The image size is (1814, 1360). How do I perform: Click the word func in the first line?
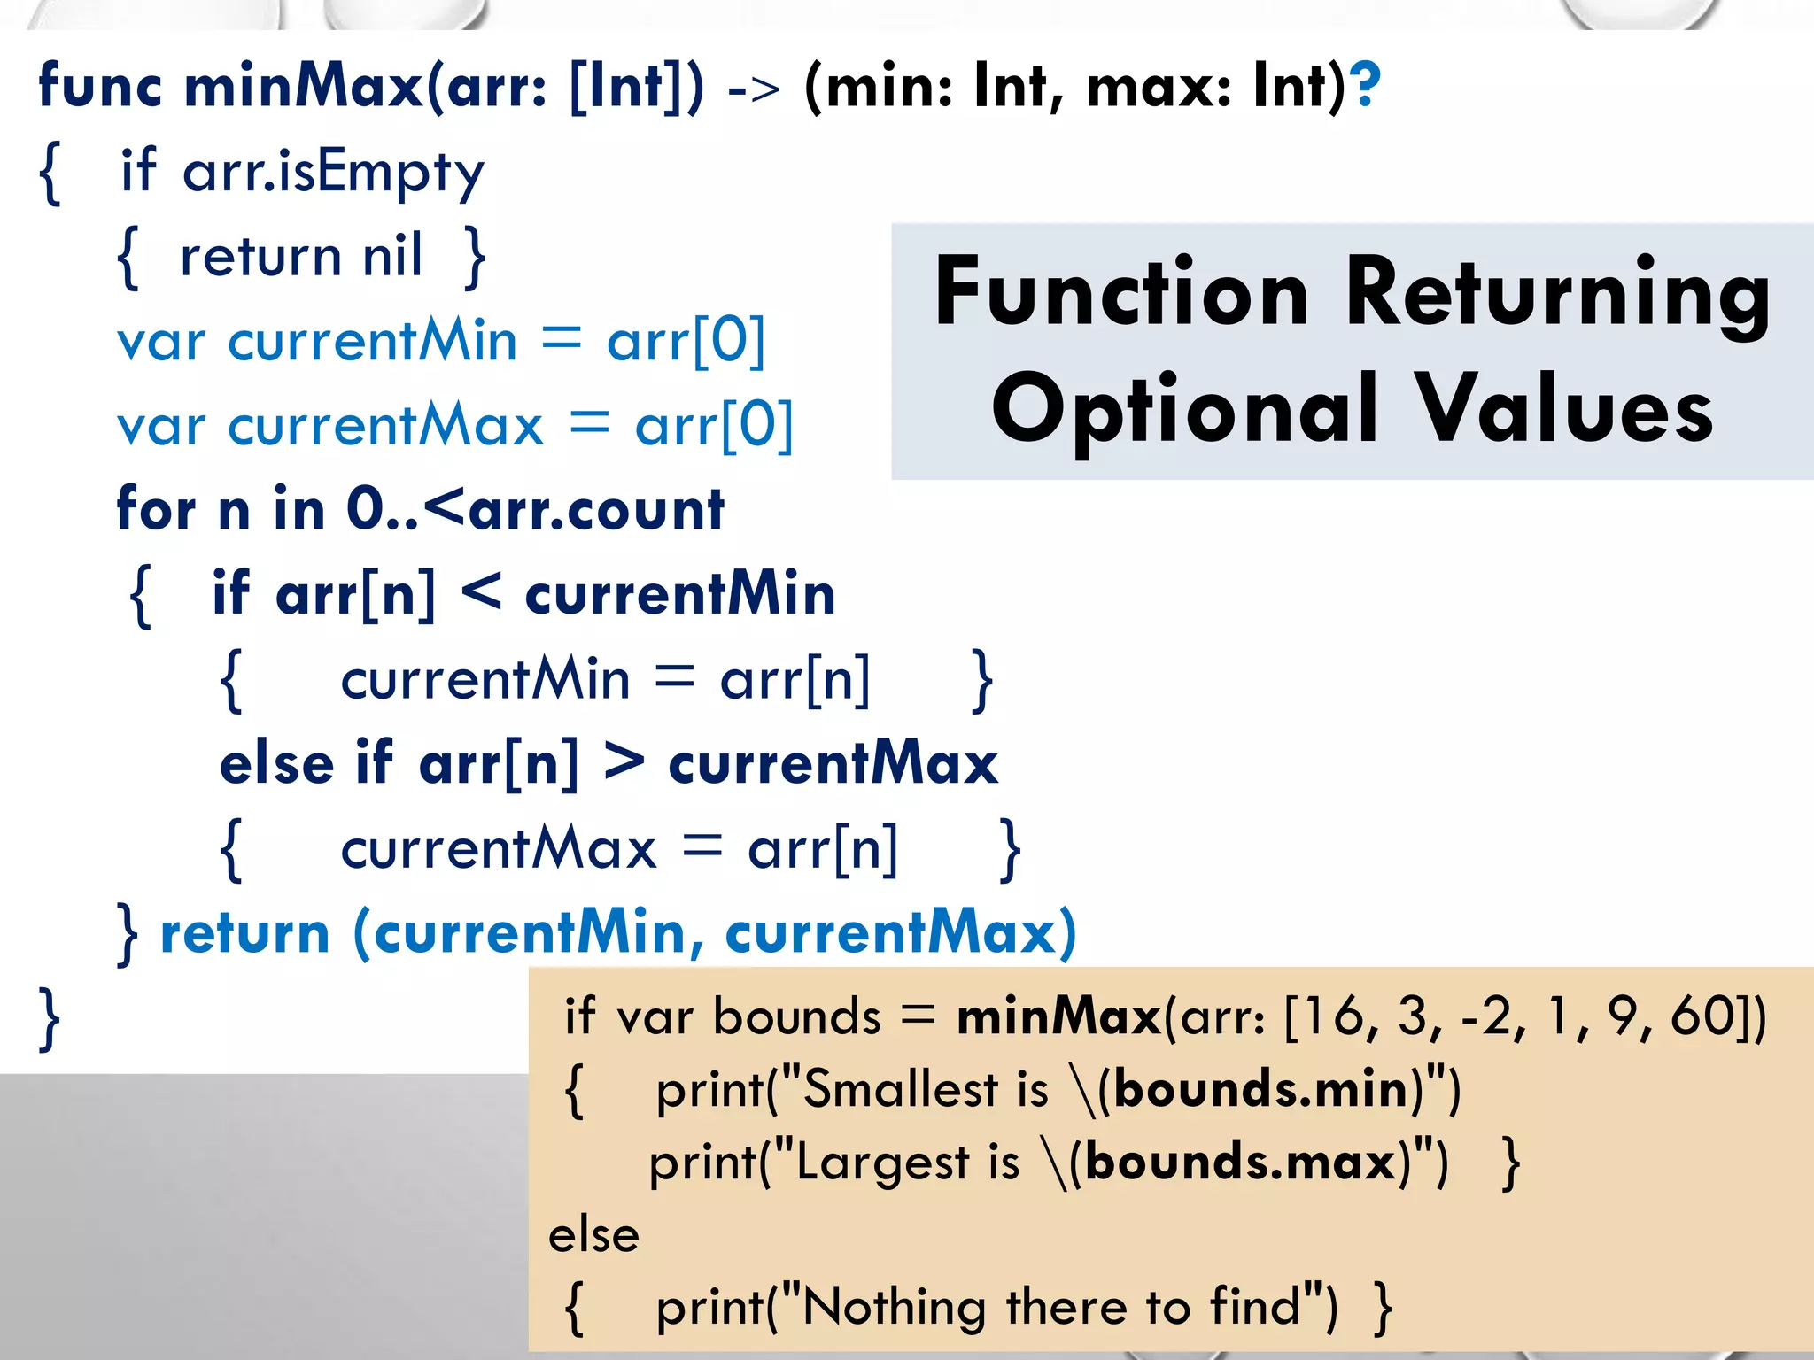click(100, 87)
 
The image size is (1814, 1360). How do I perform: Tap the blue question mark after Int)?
click(1367, 85)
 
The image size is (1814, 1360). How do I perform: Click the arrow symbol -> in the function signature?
click(754, 89)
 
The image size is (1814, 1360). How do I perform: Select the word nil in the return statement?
click(392, 257)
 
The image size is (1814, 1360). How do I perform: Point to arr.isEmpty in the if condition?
click(333, 172)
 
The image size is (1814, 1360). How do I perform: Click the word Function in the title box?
click(1121, 292)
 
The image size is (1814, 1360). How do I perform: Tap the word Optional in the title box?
click(1185, 409)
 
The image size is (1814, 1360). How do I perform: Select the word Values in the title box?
click(1564, 409)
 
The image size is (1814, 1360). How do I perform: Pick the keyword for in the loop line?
click(156, 510)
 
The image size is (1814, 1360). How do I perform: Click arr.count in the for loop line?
click(596, 510)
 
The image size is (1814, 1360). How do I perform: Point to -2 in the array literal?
click(1493, 1016)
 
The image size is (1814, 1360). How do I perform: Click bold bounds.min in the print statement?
click(1261, 1089)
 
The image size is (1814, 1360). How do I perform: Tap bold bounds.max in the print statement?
click(1240, 1163)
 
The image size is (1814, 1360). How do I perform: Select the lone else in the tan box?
click(593, 1235)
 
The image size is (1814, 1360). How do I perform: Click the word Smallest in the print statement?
click(900, 1089)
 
